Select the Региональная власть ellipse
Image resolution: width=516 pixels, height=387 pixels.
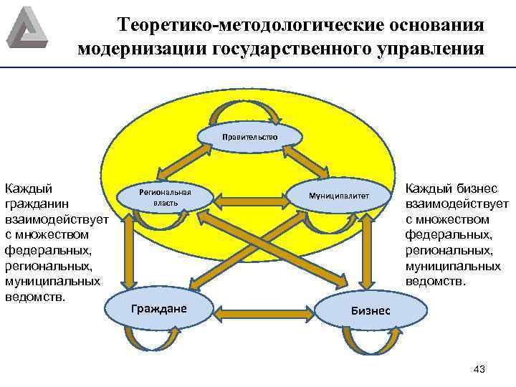click(x=165, y=199)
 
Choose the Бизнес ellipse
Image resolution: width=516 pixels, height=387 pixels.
click(x=370, y=310)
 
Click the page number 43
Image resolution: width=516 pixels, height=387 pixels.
click(x=479, y=368)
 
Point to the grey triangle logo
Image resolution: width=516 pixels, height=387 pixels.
click(x=26, y=27)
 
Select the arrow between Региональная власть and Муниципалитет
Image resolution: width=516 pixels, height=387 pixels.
click(x=251, y=194)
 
